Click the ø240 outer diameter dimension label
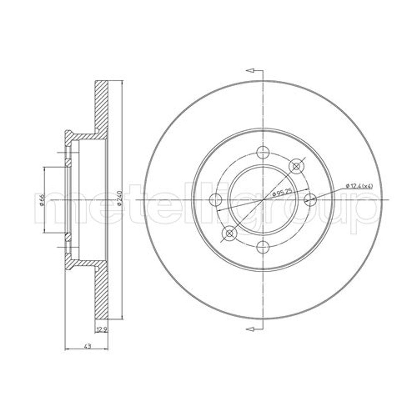[x=119, y=198]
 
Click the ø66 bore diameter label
[x=41, y=200]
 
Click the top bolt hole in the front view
[x=263, y=153]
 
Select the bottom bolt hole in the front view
[x=263, y=247]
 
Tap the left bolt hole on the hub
[x=216, y=200]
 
